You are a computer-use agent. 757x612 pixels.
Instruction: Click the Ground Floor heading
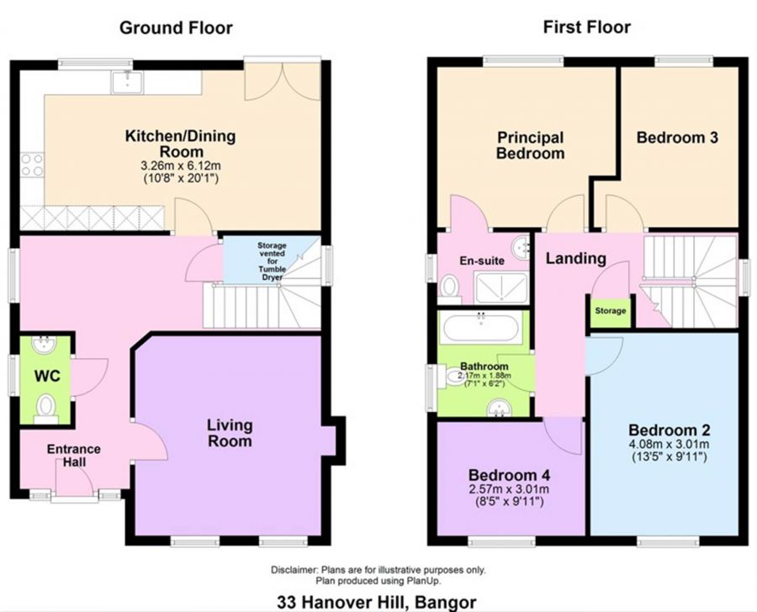[x=176, y=28]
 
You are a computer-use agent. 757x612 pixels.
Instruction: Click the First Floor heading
[x=586, y=28]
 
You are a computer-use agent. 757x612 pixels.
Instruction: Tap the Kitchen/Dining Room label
[x=180, y=144]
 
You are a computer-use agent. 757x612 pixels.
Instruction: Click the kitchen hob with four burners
[x=32, y=164]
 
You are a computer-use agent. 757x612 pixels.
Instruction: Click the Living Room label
[x=230, y=432]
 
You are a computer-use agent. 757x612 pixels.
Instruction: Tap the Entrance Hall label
[x=73, y=456]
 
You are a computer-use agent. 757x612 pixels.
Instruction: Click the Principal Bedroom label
[x=530, y=145]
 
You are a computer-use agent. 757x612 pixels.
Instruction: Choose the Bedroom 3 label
[x=676, y=138]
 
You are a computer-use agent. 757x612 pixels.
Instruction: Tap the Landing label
[x=576, y=258]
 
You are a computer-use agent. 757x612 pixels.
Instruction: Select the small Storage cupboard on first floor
[x=611, y=311]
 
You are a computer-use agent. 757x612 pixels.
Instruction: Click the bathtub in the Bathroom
[x=482, y=327]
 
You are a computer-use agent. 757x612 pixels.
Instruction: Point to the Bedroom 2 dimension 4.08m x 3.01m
[x=664, y=445]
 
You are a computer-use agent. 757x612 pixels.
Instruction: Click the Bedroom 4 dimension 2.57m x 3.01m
[x=508, y=489]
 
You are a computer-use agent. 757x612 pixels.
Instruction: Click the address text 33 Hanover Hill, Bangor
[x=378, y=602]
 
